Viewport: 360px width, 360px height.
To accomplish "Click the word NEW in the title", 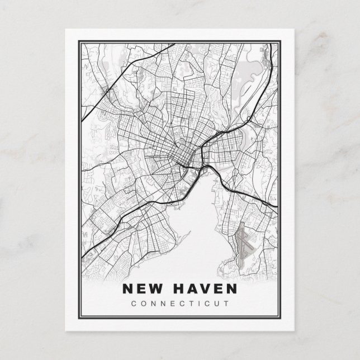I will tap(142, 290).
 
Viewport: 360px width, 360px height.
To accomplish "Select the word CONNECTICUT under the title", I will tap(179, 304).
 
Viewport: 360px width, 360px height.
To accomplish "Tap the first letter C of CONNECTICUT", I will tap(131, 304).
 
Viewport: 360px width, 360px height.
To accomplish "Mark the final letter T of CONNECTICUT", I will tap(228, 304).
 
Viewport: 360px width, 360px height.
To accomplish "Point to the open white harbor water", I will tap(201, 224).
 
